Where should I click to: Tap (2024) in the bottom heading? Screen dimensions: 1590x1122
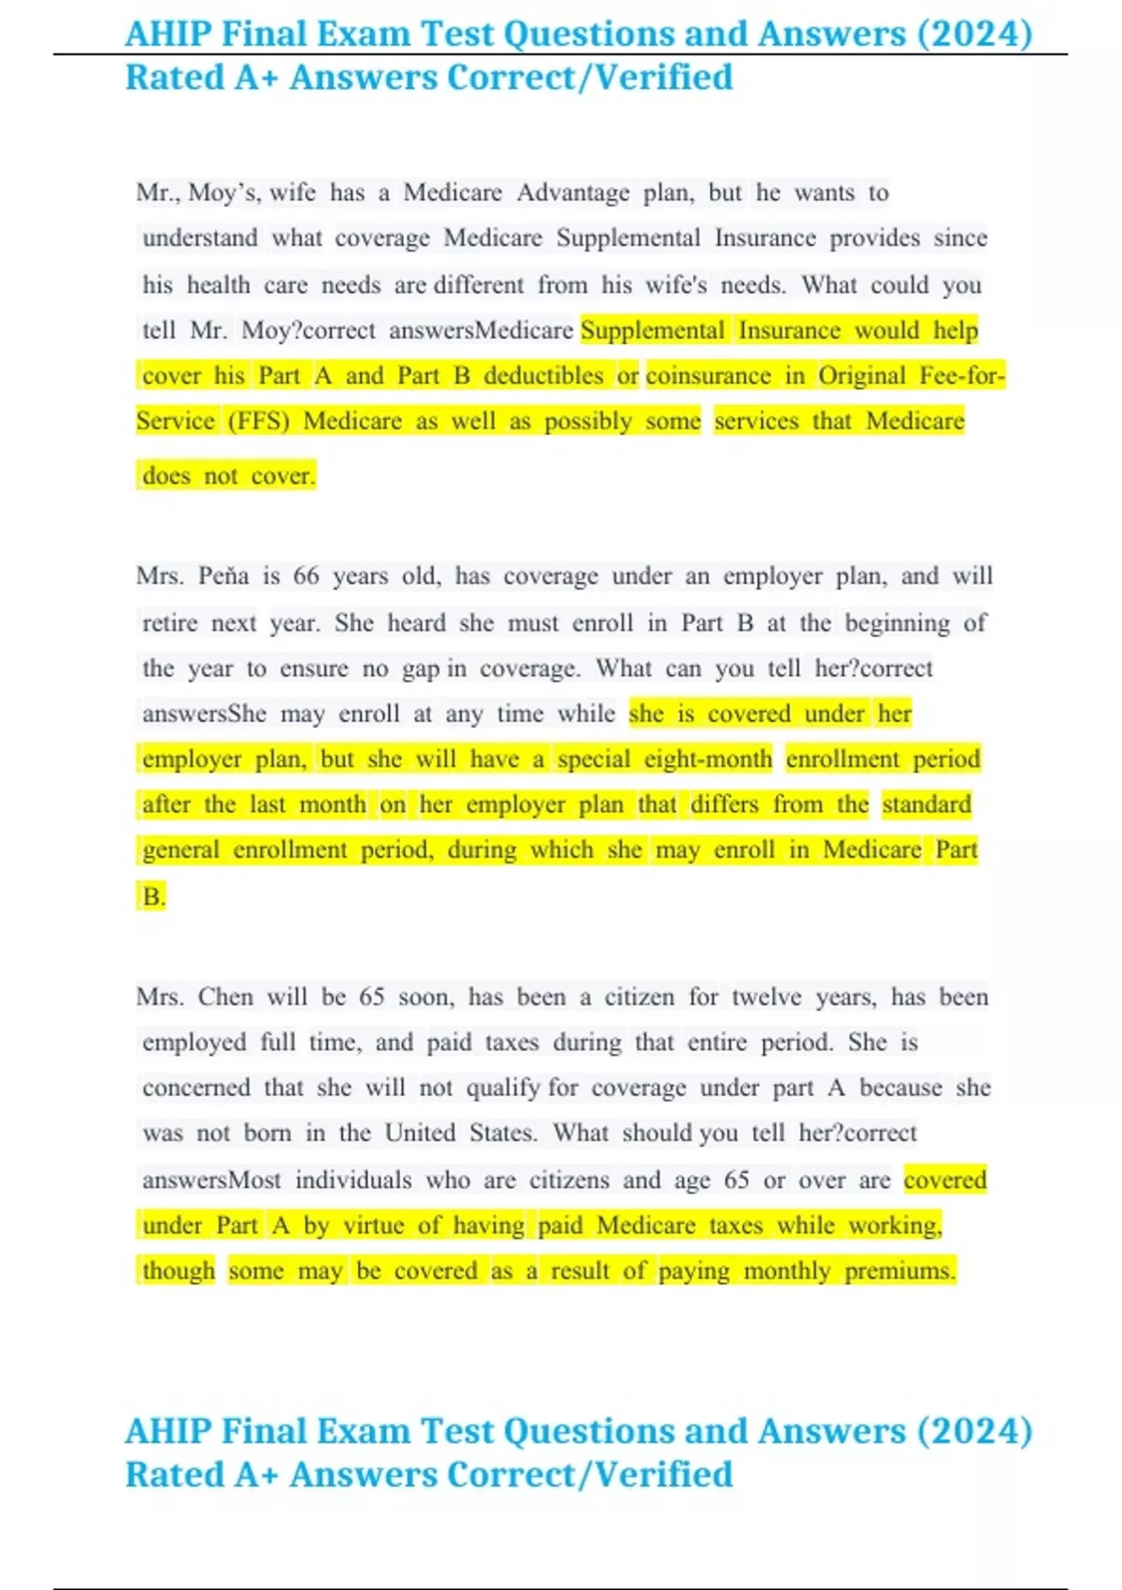click(974, 1432)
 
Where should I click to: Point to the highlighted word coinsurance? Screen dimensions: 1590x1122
click(708, 376)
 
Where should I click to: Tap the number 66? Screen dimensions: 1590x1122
click(306, 576)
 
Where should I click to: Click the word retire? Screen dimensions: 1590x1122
click(169, 623)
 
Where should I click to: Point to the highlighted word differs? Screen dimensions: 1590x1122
click(724, 805)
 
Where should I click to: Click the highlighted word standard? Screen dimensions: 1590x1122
click(927, 805)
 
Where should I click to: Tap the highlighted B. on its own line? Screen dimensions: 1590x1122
click(153, 897)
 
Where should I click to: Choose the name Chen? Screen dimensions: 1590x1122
click(225, 997)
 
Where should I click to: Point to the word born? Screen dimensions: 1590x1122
click(267, 1134)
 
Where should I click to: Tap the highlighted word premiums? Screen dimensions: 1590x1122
click(899, 1271)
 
